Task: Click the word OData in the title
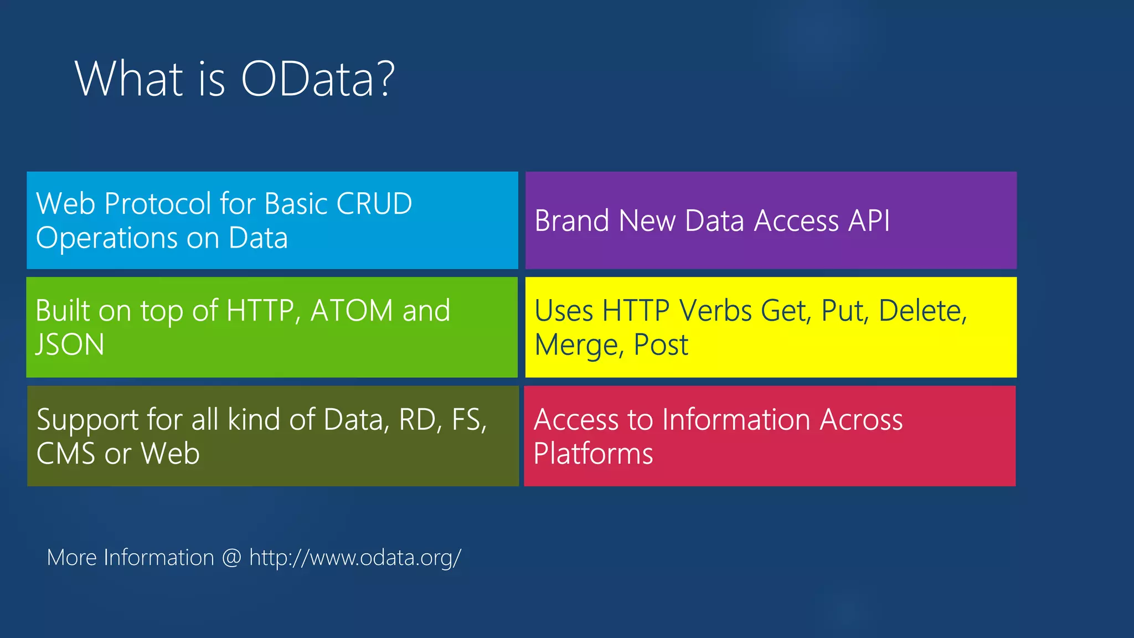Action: click(x=308, y=79)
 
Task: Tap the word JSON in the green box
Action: click(x=70, y=345)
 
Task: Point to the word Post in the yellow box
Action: click(x=661, y=345)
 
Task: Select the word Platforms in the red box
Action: click(x=593, y=454)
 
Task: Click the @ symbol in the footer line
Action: click(x=231, y=558)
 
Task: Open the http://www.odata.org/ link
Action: click(x=355, y=558)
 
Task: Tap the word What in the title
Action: click(x=129, y=79)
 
